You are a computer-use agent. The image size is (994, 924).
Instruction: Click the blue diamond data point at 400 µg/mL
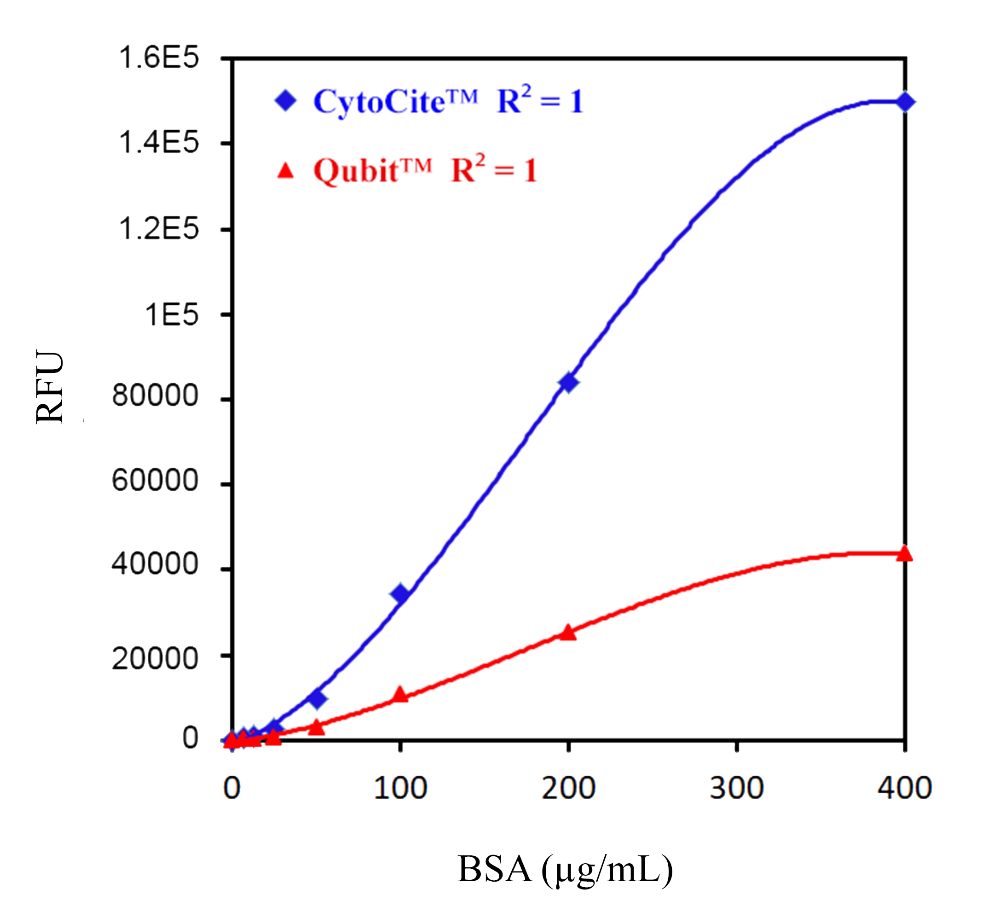tap(905, 102)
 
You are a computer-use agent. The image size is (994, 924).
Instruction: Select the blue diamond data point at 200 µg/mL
tap(568, 383)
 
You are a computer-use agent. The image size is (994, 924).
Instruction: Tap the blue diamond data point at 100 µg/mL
tap(400, 594)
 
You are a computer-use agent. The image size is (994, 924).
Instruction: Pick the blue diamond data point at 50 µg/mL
tap(316, 698)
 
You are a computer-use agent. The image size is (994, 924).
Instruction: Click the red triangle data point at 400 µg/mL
tap(905, 553)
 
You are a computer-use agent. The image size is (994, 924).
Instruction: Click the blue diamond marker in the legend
tap(286, 101)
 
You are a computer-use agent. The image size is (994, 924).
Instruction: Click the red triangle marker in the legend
tap(285, 171)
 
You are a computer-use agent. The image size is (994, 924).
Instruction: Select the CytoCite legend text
tap(395, 101)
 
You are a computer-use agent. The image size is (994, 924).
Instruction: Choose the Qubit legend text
tap(372, 170)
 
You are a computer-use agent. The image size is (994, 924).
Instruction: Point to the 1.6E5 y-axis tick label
tap(158, 58)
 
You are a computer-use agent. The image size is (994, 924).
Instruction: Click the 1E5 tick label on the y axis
tap(171, 315)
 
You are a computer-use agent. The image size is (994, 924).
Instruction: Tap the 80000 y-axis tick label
tap(155, 395)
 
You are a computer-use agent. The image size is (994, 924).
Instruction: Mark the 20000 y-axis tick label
tap(155, 659)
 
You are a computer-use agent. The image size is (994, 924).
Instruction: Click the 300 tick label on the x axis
tap(737, 789)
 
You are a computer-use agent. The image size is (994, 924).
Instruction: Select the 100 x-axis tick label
tap(400, 789)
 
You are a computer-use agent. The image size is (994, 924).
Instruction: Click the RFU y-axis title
tap(50, 388)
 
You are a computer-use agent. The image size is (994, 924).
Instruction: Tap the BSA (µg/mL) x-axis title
tap(565, 870)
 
